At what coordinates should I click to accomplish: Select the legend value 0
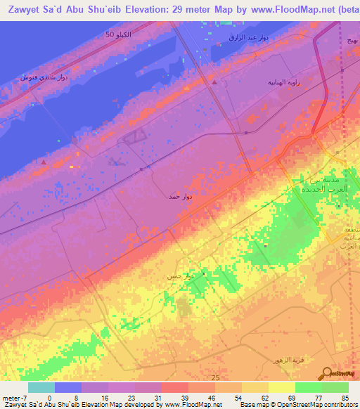(49, 397)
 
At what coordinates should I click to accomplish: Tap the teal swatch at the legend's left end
(41, 387)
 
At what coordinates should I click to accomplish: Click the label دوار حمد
(179, 197)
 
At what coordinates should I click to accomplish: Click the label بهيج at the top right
(351, 40)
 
